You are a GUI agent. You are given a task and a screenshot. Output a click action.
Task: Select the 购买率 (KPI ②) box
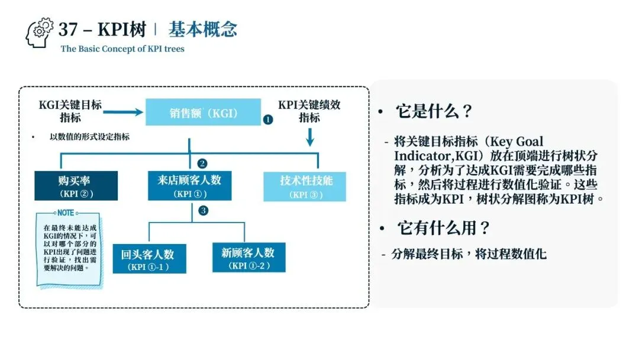coord(76,186)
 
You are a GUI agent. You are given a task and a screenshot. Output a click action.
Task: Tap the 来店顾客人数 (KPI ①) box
coord(189,186)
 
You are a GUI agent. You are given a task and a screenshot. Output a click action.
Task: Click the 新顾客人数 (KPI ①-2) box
coord(248,258)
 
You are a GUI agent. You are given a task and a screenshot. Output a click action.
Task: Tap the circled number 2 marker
coord(202,163)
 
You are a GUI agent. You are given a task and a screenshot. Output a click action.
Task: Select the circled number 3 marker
coord(203,210)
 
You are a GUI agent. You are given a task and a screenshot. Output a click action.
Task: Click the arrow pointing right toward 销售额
coord(126,110)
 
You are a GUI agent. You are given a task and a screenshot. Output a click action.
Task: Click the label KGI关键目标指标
coord(70,111)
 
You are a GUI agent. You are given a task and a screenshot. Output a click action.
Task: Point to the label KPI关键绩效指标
coord(309,111)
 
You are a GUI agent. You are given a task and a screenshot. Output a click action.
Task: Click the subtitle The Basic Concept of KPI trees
coord(122,49)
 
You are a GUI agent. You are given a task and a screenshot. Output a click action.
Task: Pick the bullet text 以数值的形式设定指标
coord(89,137)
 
